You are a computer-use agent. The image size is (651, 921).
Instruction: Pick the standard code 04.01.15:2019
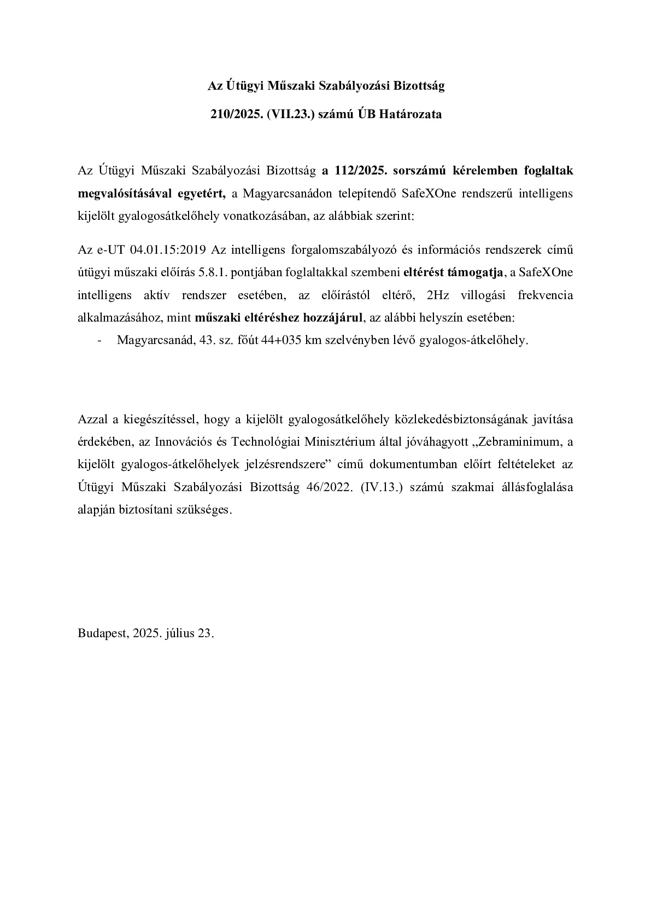pos(167,250)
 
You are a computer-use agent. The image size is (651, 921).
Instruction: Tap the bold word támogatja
pos(476,272)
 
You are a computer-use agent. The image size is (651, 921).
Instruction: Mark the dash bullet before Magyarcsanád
pos(100,340)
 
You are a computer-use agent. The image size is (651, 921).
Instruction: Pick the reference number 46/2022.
pos(326,487)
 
